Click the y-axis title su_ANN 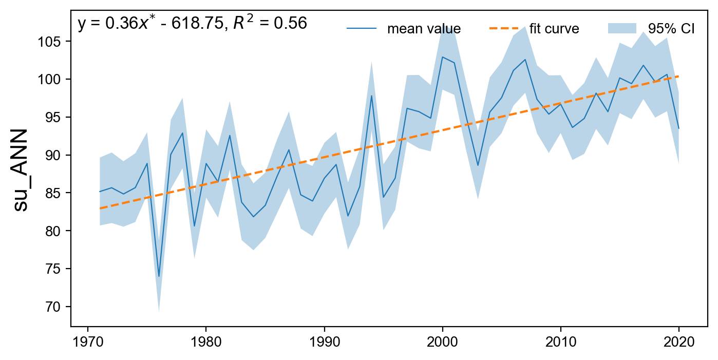click(22, 170)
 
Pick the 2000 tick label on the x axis click(442, 343)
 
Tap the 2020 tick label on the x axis click(678, 343)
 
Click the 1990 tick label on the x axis click(324, 343)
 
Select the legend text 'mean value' click(424, 29)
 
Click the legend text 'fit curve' click(554, 29)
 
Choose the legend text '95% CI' click(672, 29)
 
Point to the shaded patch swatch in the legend click(622, 28)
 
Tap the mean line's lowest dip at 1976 click(159, 276)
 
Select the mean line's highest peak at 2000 click(442, 57)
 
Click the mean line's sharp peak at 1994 click(371, 96)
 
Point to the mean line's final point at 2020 click(678, 128)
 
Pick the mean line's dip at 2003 click(478, 165)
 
